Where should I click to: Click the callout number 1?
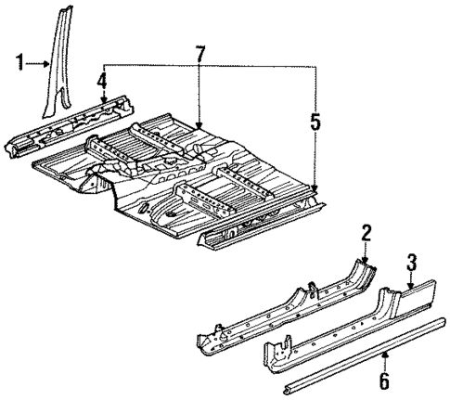click(18, 63)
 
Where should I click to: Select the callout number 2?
click(366, 231)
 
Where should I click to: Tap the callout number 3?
click(411, 242)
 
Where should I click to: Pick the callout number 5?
click(316, 121)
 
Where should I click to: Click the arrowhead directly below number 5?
click(316, 188)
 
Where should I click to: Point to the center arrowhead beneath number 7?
click(200, 123)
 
